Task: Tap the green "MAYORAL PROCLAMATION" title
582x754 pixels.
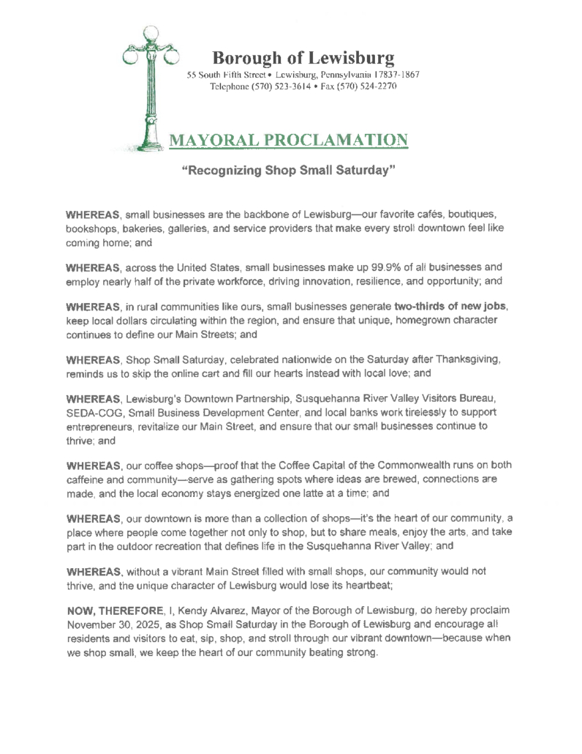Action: tap(288, 139)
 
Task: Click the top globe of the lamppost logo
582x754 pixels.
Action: tap(150, 34)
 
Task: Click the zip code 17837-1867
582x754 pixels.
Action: tap(396, 75)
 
